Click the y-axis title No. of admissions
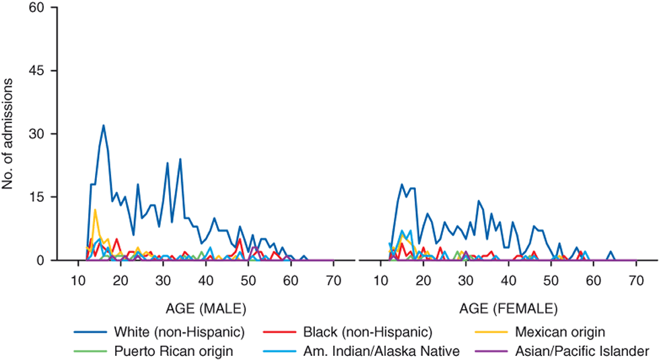(x=9, y=134)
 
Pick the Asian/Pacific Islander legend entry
(x=580, y=350)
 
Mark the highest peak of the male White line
(x=104, y=125)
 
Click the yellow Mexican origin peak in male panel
(x=95, y=209)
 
